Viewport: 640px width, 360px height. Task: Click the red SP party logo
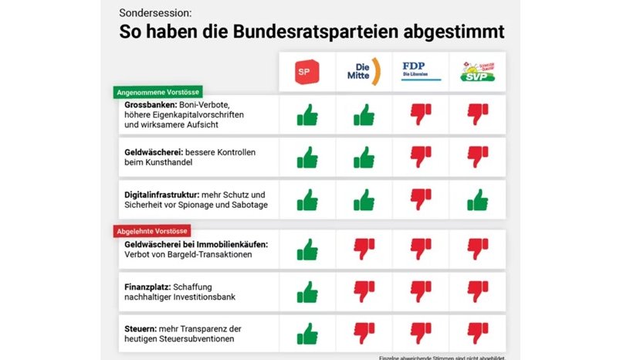[x=307, y=72]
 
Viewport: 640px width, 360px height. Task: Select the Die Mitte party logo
[x=364, y=71]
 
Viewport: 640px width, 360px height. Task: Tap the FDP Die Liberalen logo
[x=421, y=71]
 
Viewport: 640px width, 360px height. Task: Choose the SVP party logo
[x=477, y=72]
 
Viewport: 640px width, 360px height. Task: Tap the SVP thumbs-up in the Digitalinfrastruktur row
[x=478, y=199]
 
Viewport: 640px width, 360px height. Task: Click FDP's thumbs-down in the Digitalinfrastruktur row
[x=421, y=199]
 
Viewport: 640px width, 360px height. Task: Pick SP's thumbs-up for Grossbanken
[x=307, y=115]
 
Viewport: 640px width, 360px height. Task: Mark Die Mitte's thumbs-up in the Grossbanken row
[x=364, y=115]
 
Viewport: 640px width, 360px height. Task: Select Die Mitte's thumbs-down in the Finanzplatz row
[x=364, y=291]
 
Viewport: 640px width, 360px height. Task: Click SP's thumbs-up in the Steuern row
[x=307, y=333]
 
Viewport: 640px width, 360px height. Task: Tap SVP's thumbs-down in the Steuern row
[x=478, y=333]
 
